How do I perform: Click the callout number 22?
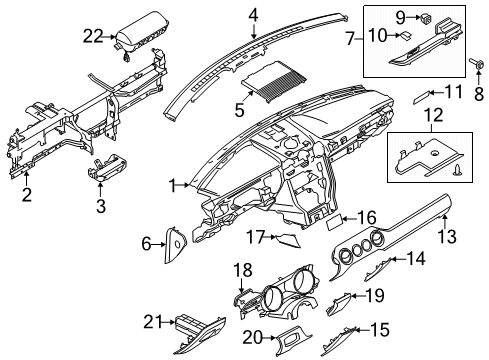(93, 37)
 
